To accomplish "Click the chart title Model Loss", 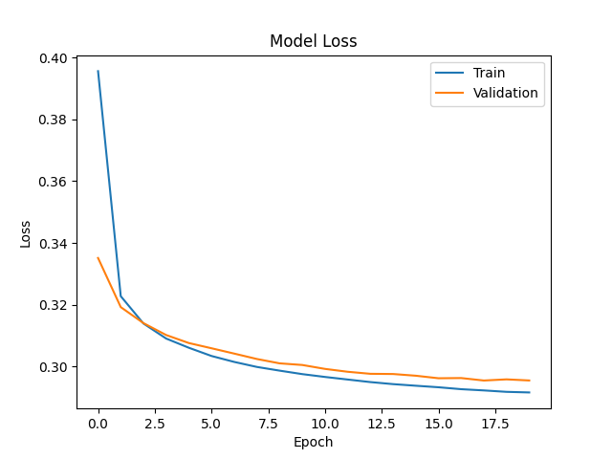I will [313, 41].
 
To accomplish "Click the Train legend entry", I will [489, 73].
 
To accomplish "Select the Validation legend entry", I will [505, 94].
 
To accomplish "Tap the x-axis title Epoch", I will [313, 442].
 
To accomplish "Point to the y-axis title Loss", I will [26, 233].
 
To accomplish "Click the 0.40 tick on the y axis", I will [54, 58].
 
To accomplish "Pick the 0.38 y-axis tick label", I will [54, 120].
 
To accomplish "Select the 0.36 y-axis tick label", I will [54, 182].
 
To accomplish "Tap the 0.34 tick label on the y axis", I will [54, 244].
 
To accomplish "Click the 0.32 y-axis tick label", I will [54, 306].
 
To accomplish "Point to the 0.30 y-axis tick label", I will [54, 367].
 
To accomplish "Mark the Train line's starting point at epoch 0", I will [98, 71].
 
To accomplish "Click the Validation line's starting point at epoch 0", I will [98, 258].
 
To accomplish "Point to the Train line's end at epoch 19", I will [529, 392].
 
